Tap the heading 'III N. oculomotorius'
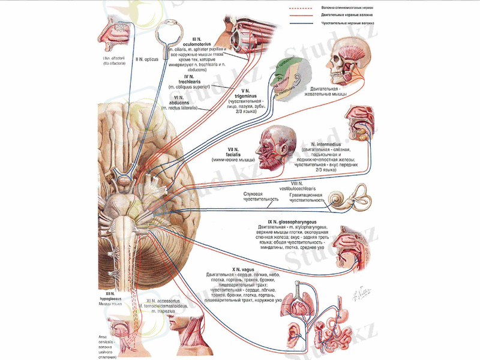click(x=202, y=43)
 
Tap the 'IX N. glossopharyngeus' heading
click(x=292, y=222)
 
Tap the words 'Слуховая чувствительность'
click(x=260, y=196)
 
